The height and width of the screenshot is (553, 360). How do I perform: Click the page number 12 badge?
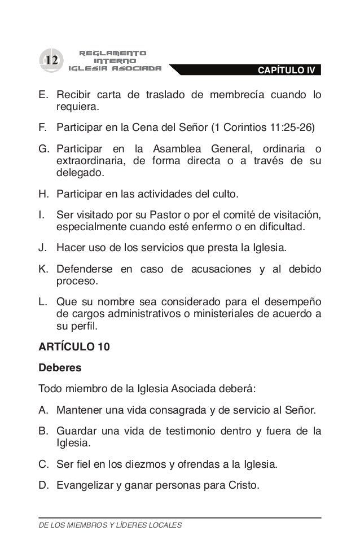[52, 60]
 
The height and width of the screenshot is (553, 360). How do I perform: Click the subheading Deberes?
[59, 367]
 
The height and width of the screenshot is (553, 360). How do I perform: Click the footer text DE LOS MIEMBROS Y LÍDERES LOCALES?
[110, 525]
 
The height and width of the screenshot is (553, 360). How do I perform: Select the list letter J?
[43, 247]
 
